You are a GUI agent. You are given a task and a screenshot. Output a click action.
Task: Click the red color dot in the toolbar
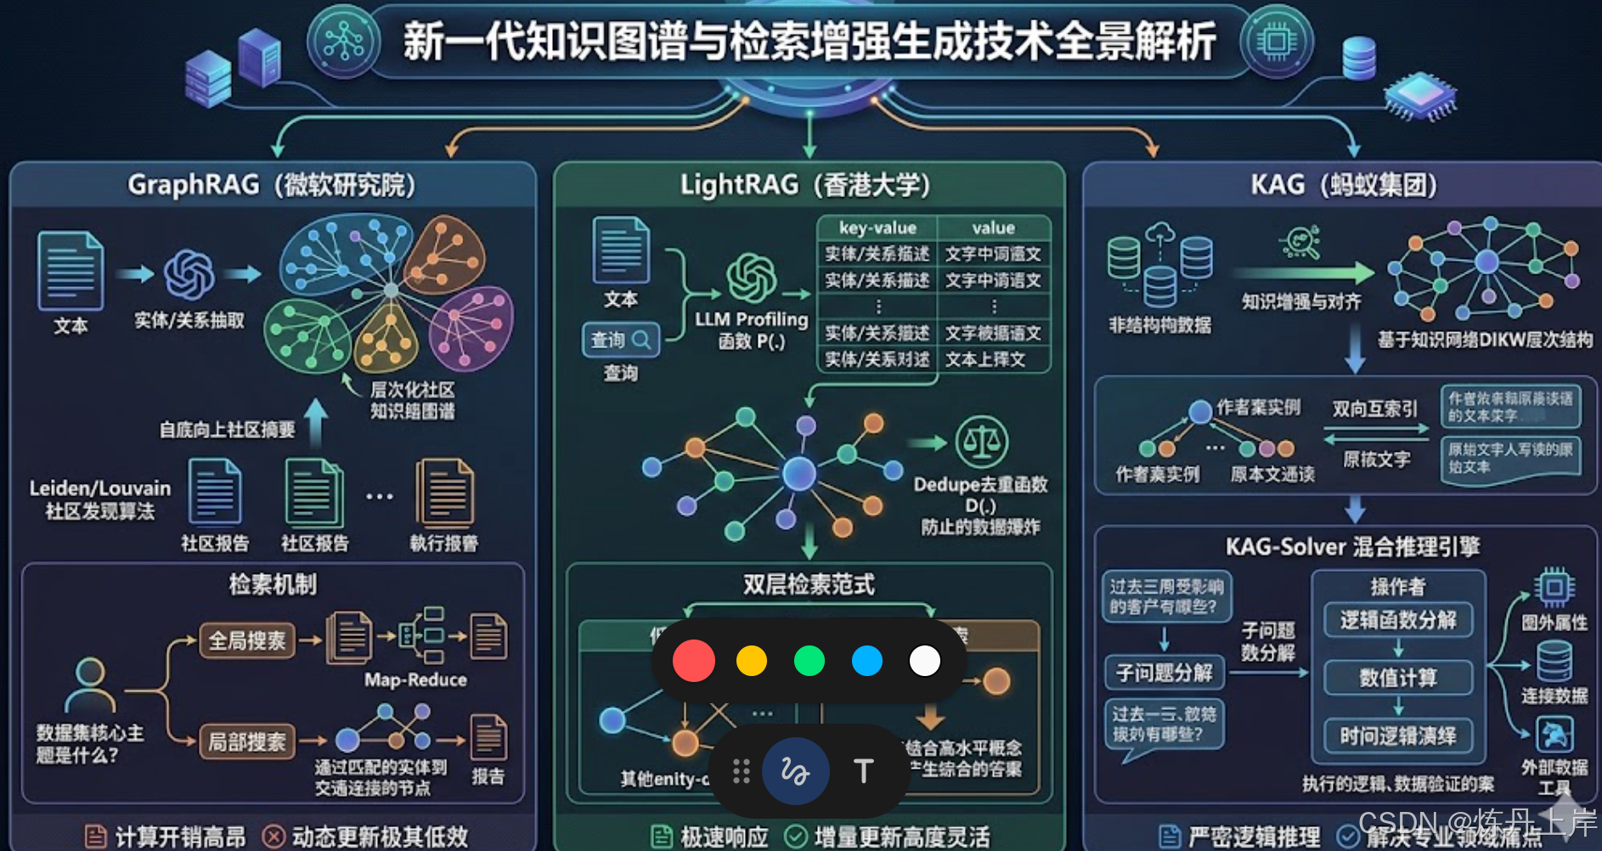693,661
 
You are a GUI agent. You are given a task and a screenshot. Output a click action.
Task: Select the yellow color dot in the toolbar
752,661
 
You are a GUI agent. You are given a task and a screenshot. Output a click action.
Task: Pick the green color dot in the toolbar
809,661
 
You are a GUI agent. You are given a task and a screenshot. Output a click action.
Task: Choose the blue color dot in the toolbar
867,661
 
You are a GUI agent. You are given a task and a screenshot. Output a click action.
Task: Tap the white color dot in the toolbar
925,661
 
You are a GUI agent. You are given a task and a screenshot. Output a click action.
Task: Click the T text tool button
863,771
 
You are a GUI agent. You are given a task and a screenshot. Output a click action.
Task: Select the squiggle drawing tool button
795,771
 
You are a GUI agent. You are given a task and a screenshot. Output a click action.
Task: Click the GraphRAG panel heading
272,184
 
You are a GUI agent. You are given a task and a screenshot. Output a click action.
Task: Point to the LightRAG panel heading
805,184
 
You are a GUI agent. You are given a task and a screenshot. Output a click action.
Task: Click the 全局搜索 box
247,640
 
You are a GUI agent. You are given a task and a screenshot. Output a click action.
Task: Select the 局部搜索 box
247,741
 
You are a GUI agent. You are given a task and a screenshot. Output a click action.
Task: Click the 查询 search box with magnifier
620,340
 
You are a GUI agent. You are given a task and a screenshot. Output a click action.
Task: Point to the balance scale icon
982,442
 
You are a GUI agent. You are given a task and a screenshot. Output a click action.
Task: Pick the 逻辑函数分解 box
1398,620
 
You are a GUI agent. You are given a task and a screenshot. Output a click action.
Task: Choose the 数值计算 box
1398,678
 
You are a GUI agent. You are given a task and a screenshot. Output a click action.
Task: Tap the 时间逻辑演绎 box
1398,735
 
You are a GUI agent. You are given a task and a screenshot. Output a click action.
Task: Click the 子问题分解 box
1164,673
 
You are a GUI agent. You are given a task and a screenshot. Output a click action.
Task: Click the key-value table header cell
877,228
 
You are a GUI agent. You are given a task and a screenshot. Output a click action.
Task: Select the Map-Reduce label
415,679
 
